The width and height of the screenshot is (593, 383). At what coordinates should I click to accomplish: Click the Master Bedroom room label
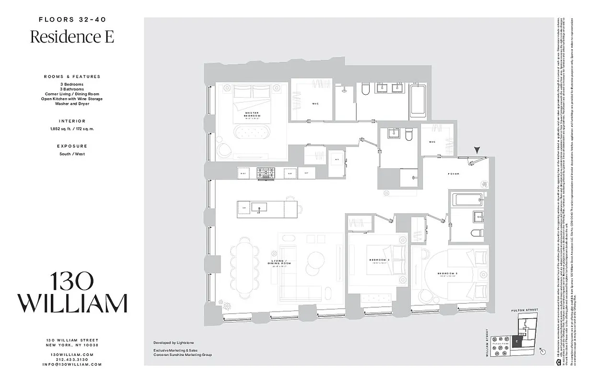(252, 114)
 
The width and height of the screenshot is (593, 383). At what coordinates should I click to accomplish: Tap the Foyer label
(453, 174)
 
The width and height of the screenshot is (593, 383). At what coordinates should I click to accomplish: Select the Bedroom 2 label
(379, 260)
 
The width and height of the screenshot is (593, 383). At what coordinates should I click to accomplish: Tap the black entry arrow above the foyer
(477, 151)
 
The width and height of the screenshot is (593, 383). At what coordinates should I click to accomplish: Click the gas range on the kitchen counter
(265, 173)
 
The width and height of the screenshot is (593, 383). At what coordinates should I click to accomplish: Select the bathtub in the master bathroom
(419, 101)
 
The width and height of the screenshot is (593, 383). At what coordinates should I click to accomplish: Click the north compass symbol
(543, 350)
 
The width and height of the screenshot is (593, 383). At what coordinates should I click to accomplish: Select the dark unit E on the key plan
(517, 341)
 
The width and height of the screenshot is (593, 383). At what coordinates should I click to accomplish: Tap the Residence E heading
(72, 37)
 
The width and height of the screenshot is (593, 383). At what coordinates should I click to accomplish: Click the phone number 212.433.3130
(72, 360)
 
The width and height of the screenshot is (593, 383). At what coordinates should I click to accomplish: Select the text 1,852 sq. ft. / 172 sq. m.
(72, 129)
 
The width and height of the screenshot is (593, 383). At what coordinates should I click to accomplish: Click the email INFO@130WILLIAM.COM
(72, 364)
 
